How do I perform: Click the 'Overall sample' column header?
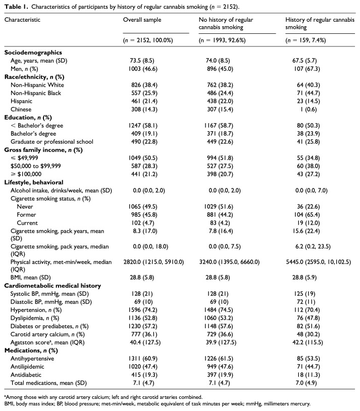click(142, 20)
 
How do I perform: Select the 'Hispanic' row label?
click(21, 101)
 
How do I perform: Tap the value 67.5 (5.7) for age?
click(304, 61)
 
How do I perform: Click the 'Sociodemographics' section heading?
click(33, 53)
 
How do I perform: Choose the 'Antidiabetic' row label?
click(26, 375)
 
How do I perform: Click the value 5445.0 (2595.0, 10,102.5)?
click(318, 262)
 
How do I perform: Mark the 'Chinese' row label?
click(21, 109)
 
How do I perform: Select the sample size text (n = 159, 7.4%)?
click(305, 40)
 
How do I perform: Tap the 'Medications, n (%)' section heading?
click(31, 351)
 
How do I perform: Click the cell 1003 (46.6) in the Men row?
click(142, 69)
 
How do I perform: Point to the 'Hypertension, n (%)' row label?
click(36, 310)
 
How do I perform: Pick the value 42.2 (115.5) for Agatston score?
click(307, 343)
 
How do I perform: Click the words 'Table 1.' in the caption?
click(16, 7)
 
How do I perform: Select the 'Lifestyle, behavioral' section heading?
click(33, 182)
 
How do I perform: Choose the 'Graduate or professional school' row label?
click(52, 142)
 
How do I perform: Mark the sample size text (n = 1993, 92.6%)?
click(222, 40)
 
